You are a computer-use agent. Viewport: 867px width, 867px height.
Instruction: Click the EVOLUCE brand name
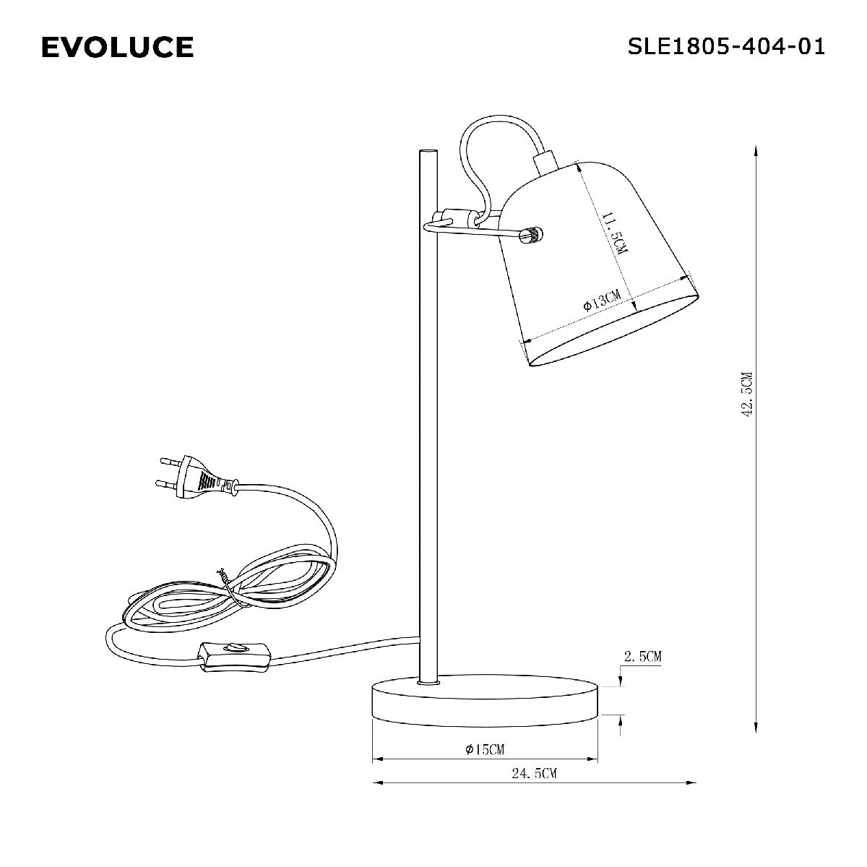tap(117, 48)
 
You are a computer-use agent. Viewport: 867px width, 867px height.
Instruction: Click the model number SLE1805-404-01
tap(726, 47)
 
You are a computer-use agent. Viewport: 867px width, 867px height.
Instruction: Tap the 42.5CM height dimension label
tap(747, 394)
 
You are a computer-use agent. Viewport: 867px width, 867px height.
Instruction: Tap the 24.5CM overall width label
tap(534, 774)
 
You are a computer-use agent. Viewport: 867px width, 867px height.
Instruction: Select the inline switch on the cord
tap(236, 655)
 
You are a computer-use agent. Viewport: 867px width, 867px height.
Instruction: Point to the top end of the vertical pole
tap(427, 152)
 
